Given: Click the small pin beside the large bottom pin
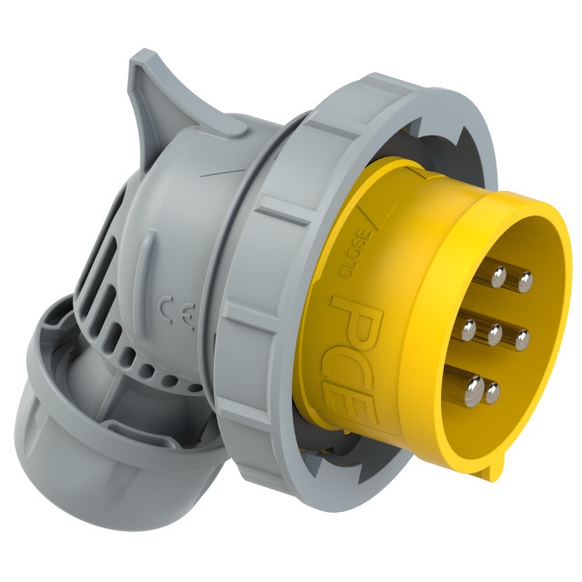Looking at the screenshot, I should pyautogui.click(x=492, y=392).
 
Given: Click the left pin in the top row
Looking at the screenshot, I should pyautogui.click(x=498, y=276).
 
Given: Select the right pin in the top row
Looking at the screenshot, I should pyautogui.click(x=525, y=282).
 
